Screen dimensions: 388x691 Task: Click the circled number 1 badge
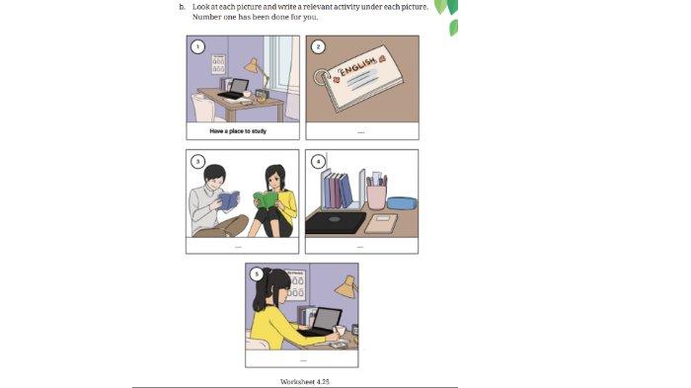point(197,46)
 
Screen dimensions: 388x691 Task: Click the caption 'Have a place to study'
point(238,130)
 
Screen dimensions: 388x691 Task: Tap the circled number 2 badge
point(316,46)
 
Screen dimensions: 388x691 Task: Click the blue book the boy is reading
point(228,201)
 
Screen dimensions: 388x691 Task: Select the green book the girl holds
point(266,199)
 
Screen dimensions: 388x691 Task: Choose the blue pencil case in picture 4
point(401,203)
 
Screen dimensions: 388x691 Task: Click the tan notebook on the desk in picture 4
point(380,223)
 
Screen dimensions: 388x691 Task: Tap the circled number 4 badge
point(316,161)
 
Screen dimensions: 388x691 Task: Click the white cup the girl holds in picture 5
point(340,330)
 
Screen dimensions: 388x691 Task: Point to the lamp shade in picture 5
point(345,287)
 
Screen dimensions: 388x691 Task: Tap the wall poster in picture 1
point(218,64)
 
